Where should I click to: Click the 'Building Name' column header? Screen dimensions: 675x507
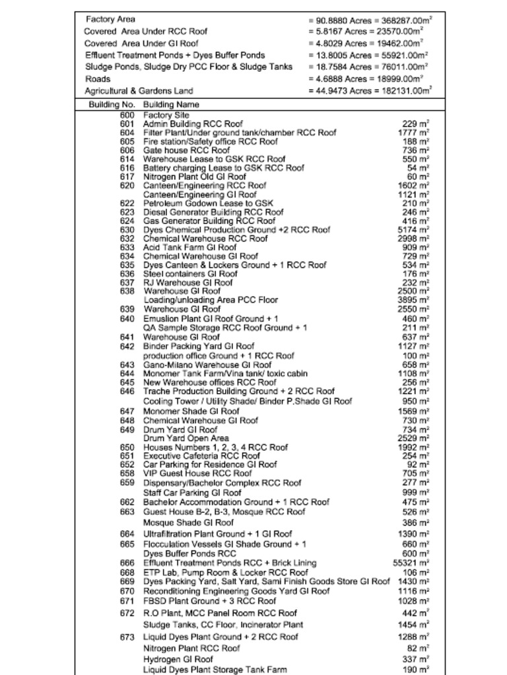pos(171,105)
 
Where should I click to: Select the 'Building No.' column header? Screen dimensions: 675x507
pos(112,105)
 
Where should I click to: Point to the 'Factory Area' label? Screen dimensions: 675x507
pos(110,19)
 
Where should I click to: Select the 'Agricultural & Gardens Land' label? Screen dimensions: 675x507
pos(139,91)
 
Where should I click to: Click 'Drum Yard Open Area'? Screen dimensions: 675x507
pos(186,438)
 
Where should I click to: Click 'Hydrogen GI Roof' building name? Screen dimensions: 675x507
pos(178,659)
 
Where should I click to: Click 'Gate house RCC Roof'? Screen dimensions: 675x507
pos(186,150)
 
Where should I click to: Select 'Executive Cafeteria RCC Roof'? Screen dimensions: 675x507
pos(201,455)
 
